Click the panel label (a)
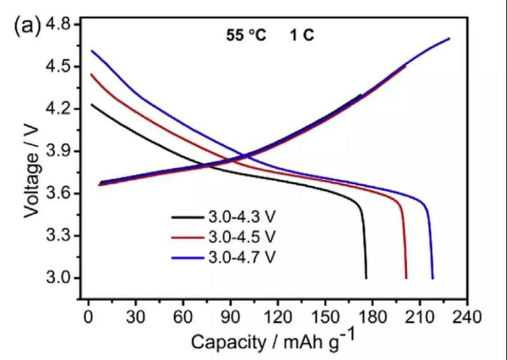tap(27, 26)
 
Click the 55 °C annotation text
tap(246, 36)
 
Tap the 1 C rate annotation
tap(302, 36)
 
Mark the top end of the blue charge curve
tap(449, 39)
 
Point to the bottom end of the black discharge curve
tap(366, 278)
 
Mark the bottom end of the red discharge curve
tap(406, 278)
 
